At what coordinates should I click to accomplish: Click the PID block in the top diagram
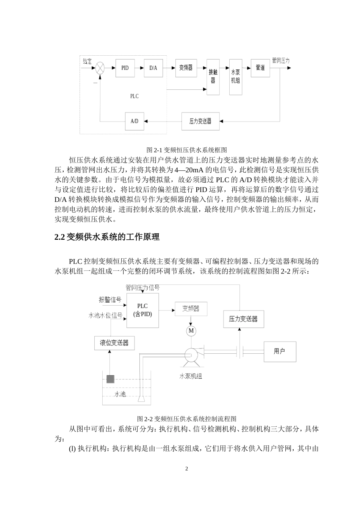125,68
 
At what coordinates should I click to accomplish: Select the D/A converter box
153,68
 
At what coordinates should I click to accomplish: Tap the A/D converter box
134,121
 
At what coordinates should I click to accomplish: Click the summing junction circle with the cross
100,68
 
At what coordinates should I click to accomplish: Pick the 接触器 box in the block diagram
213,77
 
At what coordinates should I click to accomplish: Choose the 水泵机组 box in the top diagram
236,77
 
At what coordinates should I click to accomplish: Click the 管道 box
260,68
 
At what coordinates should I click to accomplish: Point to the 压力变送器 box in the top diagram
200,121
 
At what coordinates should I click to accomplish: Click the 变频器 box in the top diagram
186,68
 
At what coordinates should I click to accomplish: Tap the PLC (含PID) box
142,310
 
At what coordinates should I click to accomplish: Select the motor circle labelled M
191,331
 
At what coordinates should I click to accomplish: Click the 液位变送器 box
114,343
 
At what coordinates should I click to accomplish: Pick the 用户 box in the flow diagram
280,351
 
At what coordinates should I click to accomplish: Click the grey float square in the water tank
110,379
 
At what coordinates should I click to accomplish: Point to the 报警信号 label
110,300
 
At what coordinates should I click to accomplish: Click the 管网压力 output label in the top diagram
281,61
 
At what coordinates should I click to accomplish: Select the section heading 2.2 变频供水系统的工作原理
107,237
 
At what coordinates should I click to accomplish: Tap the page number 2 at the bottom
186,469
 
